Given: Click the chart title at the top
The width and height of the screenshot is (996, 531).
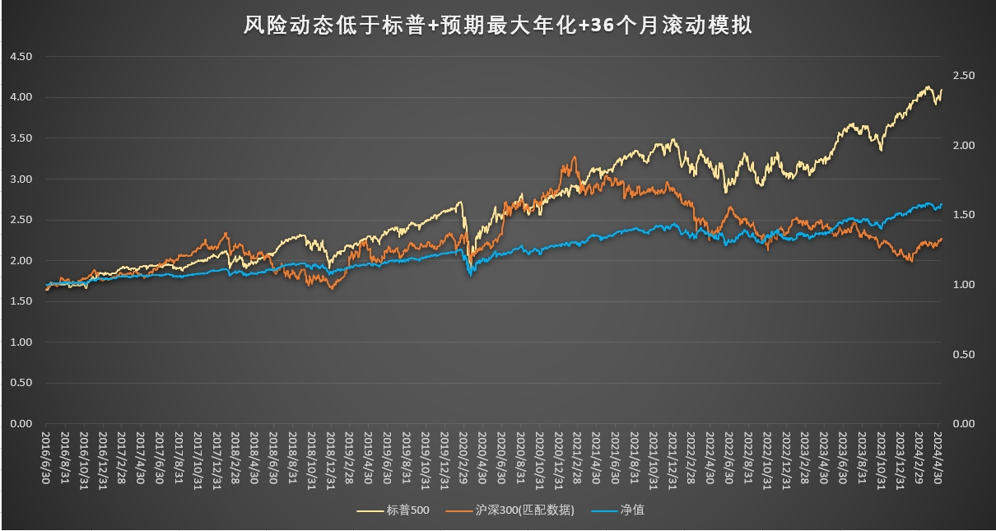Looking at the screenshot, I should (497, 26).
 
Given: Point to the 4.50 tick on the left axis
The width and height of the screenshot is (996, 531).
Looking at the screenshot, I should (20, 57).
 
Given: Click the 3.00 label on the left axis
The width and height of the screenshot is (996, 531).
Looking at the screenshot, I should (20, 179).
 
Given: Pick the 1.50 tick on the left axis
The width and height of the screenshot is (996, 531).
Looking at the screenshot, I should (20, 301).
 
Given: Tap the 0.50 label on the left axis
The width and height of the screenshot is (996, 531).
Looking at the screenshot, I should (20, 383).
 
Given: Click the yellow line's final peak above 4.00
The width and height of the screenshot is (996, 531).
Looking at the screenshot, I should (929, 86).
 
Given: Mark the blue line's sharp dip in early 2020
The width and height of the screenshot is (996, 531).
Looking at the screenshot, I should (471, 274).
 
